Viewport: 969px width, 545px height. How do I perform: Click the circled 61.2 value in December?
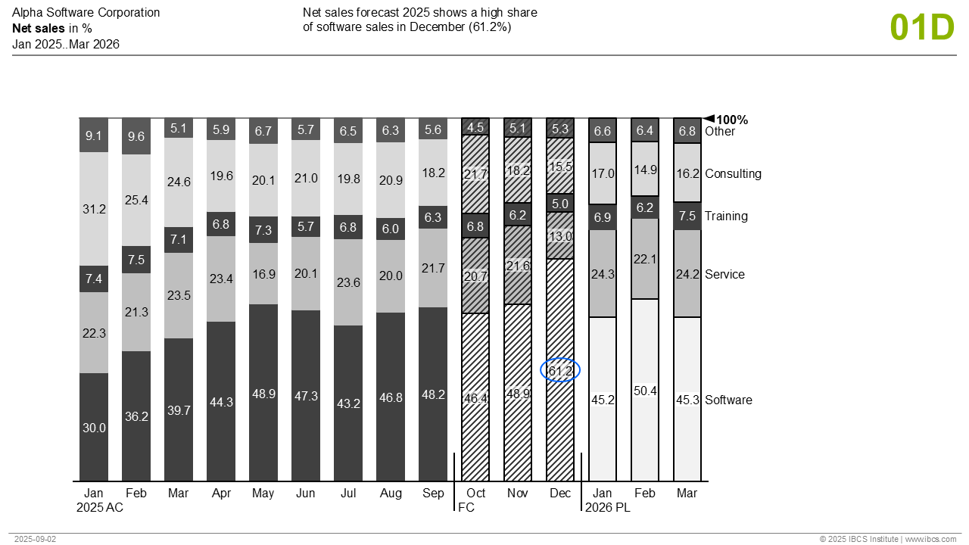560,370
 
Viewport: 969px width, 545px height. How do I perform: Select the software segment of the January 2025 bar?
94,427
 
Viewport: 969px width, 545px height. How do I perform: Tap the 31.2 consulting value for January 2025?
94,209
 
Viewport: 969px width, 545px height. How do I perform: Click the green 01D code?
922,27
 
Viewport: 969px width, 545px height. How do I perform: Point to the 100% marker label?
731,120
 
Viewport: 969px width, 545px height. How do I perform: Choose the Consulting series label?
733,173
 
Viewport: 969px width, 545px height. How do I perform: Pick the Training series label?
726,216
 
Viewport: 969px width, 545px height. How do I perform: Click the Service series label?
724,274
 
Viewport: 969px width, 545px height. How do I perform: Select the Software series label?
728,400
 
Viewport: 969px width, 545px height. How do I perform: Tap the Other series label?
719,132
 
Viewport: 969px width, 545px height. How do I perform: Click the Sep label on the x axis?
433,494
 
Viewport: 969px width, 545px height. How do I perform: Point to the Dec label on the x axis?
560,494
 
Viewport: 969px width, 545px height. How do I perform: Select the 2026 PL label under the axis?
607,508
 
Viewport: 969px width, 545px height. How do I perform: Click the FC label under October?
466,508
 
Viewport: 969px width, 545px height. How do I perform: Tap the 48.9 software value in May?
263,394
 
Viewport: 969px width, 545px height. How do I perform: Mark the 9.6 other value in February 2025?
136,137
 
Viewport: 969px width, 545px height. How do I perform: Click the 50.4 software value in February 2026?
645,391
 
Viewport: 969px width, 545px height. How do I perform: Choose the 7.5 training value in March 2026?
687,216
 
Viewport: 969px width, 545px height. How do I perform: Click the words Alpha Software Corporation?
86,13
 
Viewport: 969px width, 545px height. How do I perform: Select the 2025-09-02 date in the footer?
35,539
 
